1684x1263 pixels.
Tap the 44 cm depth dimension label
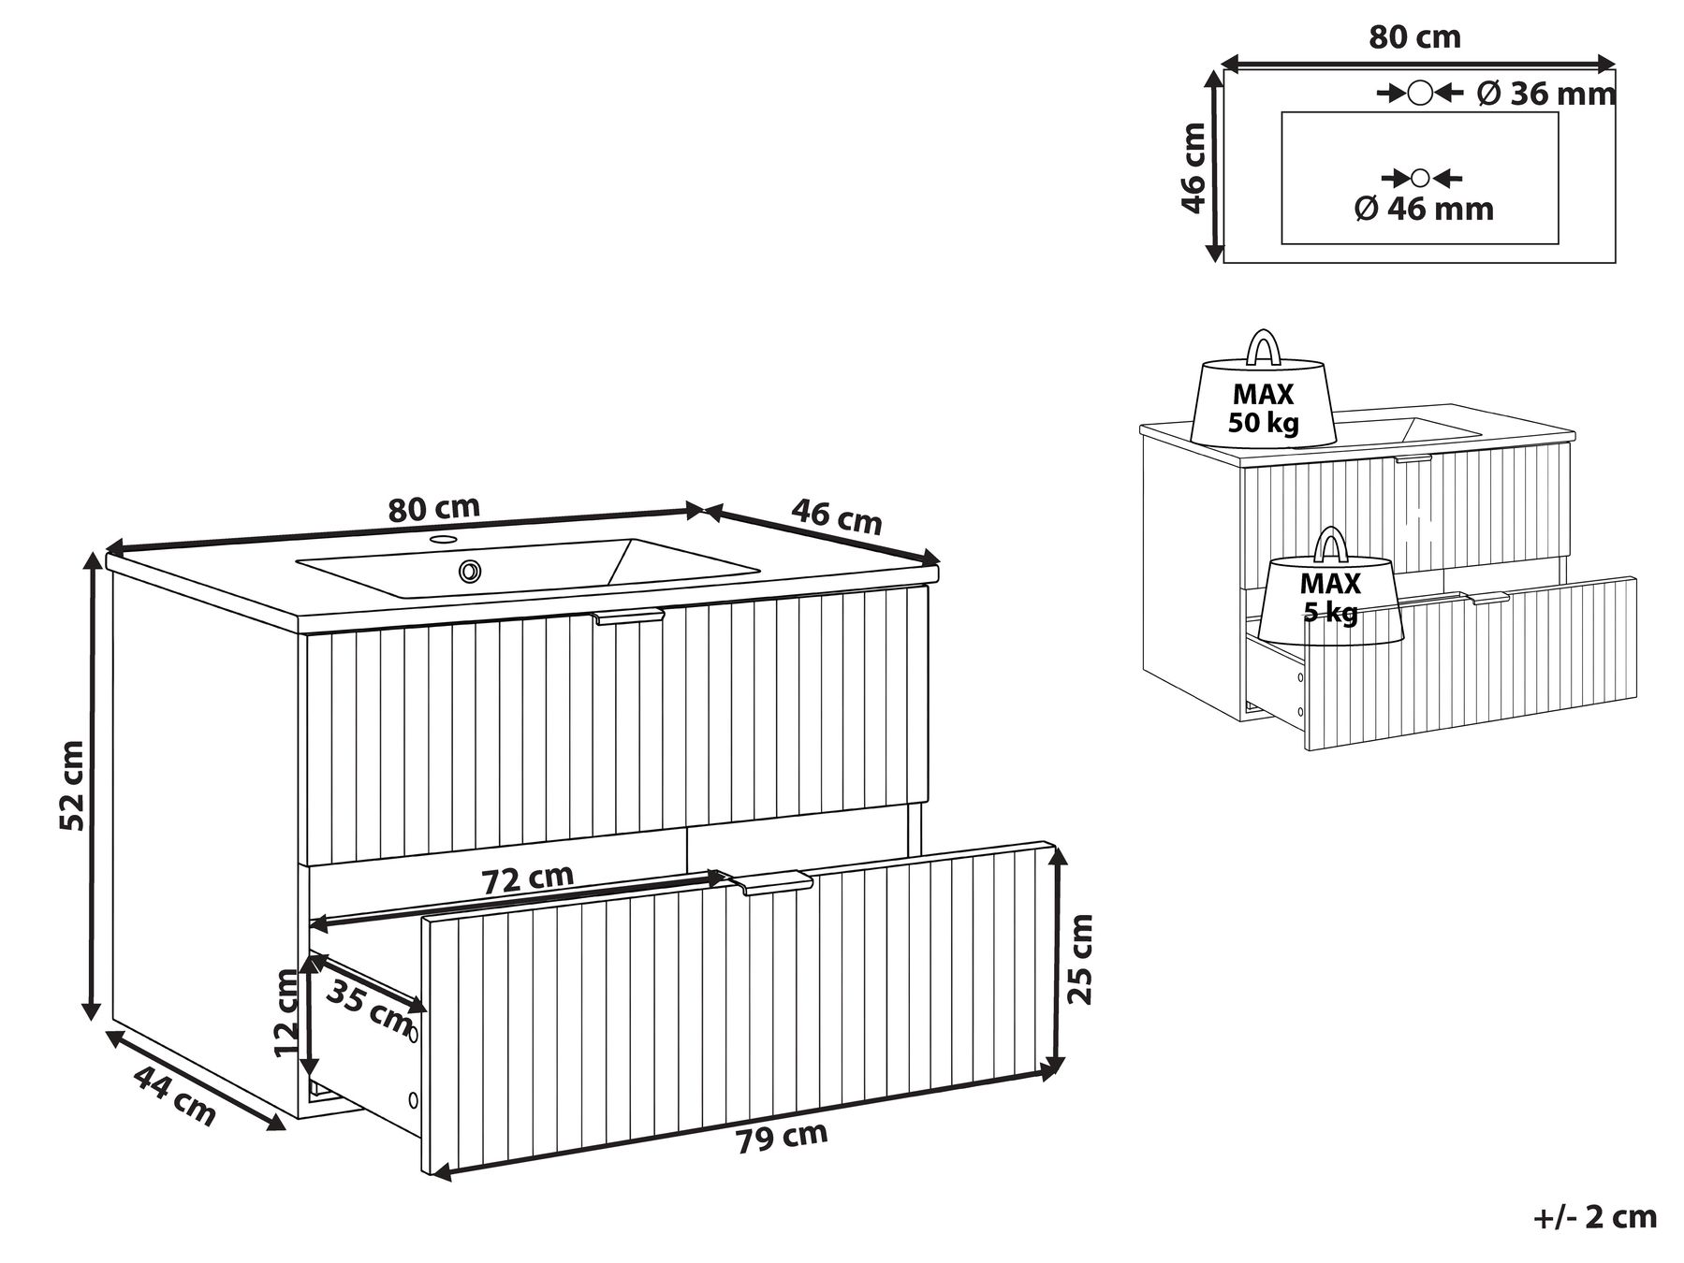point(175,1096)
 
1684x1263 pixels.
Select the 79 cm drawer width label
point(782,1138)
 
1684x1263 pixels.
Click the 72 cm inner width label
point(527,879)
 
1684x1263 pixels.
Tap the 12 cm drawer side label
point(288,1013)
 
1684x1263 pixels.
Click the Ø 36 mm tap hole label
point(1546,94)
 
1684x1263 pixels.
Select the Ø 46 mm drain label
point(1424,209)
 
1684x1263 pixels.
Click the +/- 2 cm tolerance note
point(1595,1216)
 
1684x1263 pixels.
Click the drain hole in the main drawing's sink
point(469,570)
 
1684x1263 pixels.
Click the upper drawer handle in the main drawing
point(628,616)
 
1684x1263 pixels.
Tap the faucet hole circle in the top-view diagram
point(1420,93)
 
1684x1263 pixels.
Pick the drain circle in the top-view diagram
point(1420,178)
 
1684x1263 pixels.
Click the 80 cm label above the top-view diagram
point(1414,37)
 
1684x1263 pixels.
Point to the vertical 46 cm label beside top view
point(1193,167)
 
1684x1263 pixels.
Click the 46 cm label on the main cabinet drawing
point(837,516)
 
